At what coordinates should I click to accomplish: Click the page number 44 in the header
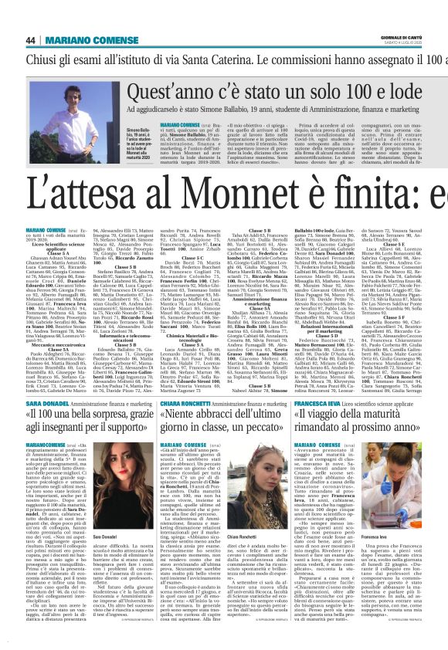(x=32, y=40)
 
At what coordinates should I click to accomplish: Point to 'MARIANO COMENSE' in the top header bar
(x=79, y=40)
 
